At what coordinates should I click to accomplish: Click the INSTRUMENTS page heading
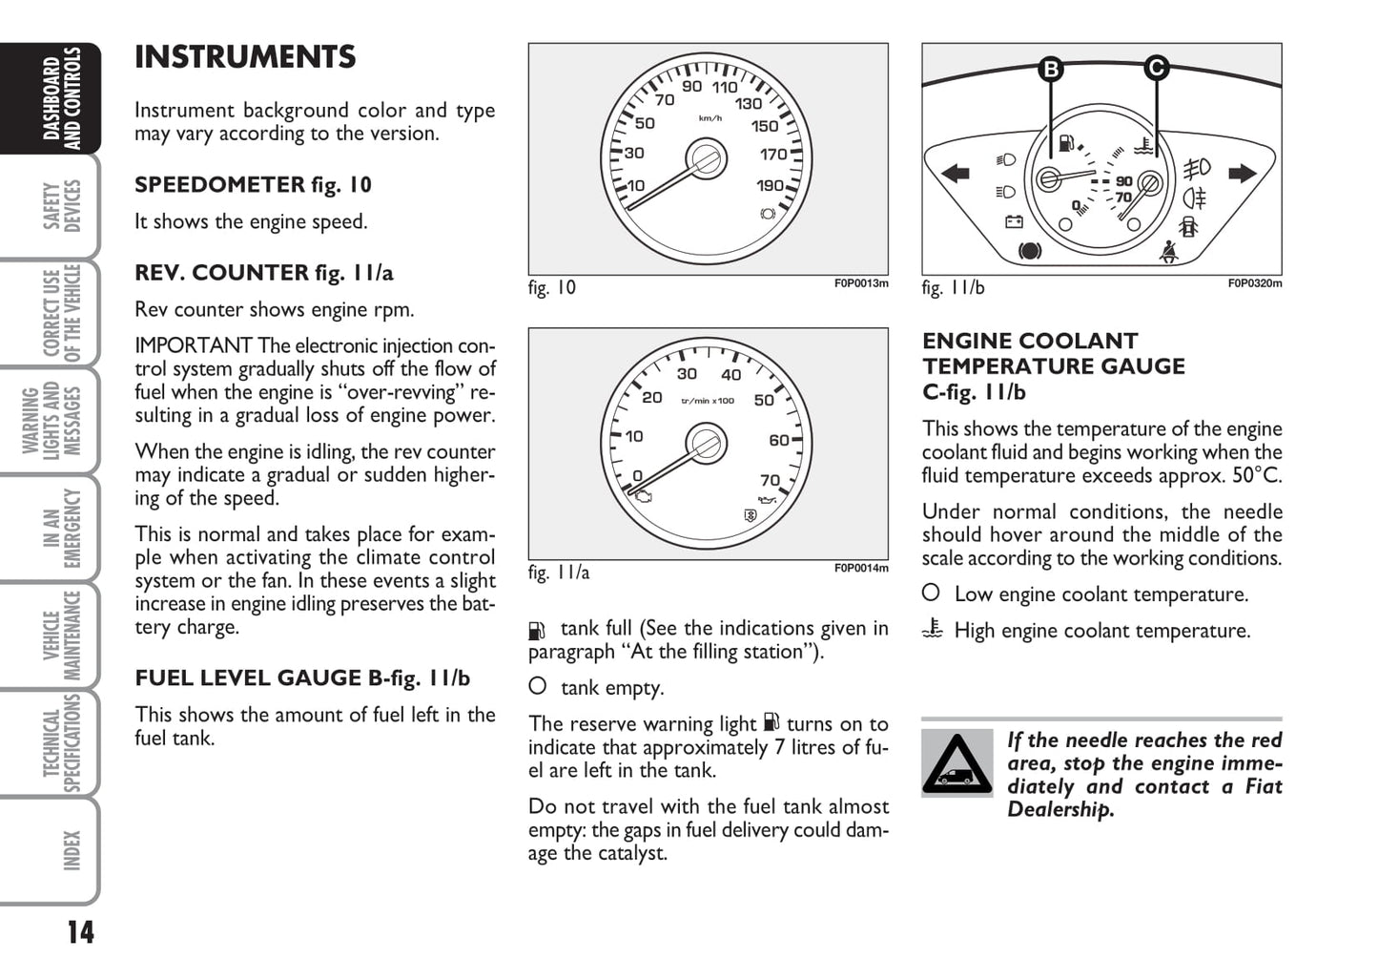tap(245, 57)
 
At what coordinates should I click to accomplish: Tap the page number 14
tap(81, 931)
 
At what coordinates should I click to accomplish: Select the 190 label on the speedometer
tap(770, 186)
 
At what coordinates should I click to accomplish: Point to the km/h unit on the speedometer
tap(710, 118)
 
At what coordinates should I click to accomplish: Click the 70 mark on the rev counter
tap(770, 480)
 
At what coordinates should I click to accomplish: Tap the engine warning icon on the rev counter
tap(643, 495)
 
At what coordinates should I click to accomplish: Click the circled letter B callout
tap(1050, 69)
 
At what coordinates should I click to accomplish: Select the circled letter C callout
tap(1156, 69)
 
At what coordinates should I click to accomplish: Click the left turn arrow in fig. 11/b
tap(955, 173)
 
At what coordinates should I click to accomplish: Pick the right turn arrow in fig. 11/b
tap(1243, 173)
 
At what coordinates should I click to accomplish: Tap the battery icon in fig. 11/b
tap(1014, 221)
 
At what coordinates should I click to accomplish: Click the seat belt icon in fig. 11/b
tap(1168, 252)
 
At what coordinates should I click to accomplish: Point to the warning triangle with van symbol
tap(956, 763)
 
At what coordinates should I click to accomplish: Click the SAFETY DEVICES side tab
tap(62, 205)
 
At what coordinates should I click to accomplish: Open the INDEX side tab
tap(72, 849)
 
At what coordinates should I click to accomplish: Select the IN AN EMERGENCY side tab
tap(62, 527)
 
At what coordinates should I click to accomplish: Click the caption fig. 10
tap(552, 287)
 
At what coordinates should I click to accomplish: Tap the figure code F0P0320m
tap(1254, 283)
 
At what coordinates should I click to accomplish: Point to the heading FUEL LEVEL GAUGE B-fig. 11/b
tap(302, 678)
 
